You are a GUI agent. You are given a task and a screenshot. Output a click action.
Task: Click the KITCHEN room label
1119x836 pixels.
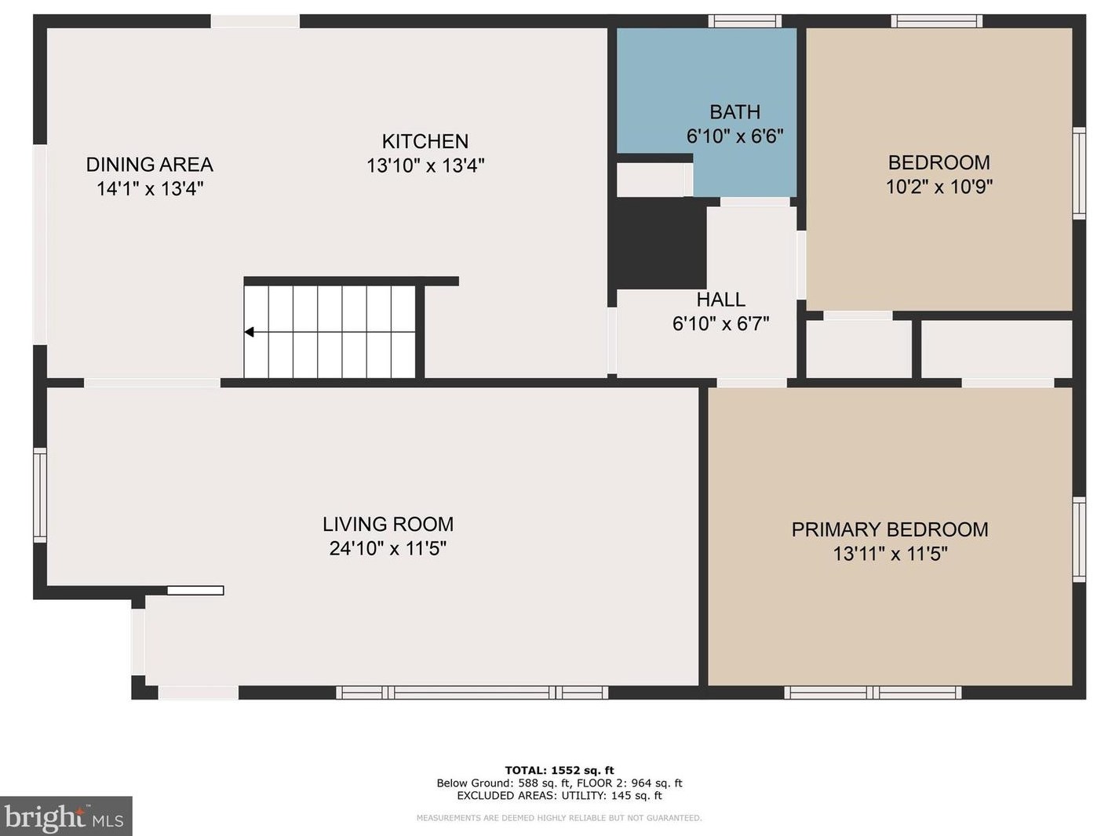point(425,141)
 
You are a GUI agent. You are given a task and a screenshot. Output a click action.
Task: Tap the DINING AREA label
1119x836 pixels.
point(149,165)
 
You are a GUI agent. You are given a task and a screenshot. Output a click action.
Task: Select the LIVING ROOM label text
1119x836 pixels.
point(388,524)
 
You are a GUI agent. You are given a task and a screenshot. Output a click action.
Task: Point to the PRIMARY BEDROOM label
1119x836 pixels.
point(890,530)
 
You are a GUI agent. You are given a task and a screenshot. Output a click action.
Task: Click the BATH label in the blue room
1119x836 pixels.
point(734,111)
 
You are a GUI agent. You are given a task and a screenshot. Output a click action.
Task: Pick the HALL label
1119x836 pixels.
point(720,300)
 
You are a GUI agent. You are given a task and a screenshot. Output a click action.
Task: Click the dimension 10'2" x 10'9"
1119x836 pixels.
point(939,187)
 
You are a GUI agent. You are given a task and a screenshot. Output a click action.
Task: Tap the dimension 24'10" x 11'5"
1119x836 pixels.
point(388,549)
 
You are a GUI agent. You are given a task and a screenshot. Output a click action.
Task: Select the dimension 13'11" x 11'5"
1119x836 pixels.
point(890,554)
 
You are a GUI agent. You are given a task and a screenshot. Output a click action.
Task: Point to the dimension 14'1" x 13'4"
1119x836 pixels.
point(150,189)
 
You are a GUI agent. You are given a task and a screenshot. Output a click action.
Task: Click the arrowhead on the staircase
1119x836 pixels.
point(250,333)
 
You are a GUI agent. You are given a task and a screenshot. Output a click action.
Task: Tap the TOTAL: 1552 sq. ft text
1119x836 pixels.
point(559,770)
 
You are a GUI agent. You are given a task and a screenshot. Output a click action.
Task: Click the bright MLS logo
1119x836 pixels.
point(66,816)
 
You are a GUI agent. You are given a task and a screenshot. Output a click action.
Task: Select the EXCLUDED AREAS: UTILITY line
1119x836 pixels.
point(559,795)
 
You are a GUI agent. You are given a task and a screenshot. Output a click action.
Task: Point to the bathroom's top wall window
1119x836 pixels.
point(745,21)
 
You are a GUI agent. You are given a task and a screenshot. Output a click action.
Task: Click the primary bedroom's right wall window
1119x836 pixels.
point(1079,539)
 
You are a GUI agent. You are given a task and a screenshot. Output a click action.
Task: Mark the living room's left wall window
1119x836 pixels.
point(40,495)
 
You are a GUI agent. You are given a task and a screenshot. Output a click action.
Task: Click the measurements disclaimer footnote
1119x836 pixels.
point(559,818)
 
